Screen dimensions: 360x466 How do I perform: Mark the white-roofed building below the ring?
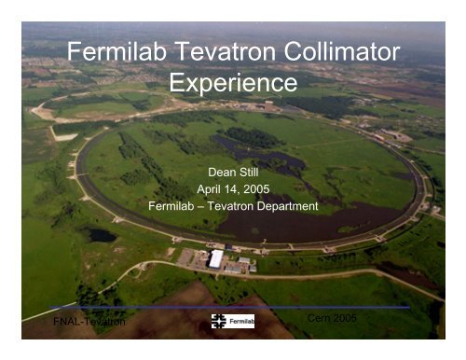(x=216, y=258)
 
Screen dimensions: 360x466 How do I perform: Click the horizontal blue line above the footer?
(x=233, y=307)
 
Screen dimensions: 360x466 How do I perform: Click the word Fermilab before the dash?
(x=175, y=204)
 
